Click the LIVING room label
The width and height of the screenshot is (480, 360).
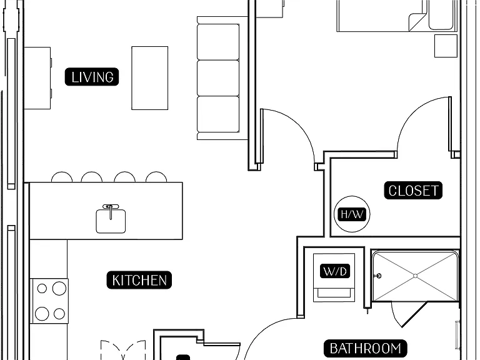pyautogui.click(x=91, y=77)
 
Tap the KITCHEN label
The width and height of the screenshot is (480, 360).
pyautogui.click(x=139, y=280)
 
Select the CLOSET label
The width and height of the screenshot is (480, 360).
pyautogui.click(x=413, y=191)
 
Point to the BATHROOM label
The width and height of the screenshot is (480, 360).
pyautogui.click(x=366, y=348)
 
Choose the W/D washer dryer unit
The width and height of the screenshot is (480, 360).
pyautogui.click(x=334, y=277)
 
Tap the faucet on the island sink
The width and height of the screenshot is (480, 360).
pyautogui.click(x=111, y=211)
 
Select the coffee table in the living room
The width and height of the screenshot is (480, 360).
pyautogui.click(x=150, y=78)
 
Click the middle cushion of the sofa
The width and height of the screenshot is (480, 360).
pyautogui.click(x=218, y=78)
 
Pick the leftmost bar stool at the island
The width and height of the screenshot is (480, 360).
pyautogui.click(x=62, y=177)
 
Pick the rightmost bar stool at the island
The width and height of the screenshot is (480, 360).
pyautogui.click(x=156, y=177)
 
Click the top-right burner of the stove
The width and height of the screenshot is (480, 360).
pyautogui.click(x=59, y=288)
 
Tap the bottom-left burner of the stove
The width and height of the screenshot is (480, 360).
pyautogui.click(x=42, y=314)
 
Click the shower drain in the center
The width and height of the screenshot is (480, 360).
pyautogui.click(x=416, y=276)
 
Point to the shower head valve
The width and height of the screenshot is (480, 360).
pyautogui.click(x=379, y=276)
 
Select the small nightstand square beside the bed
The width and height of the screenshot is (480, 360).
pyautogui.click(x=446, y=46)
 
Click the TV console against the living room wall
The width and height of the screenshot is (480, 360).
pyautogui.click(x=37, y=78)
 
